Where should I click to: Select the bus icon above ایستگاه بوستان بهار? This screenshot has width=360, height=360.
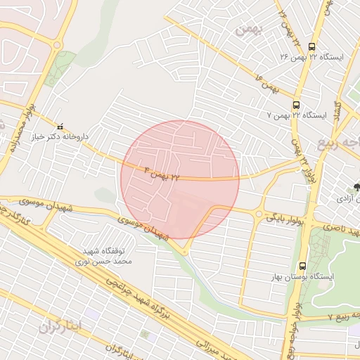[x=302, y=266]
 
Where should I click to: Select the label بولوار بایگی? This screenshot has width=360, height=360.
[x=284, y=217]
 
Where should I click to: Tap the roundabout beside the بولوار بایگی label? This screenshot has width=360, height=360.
[x=259, y=213]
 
